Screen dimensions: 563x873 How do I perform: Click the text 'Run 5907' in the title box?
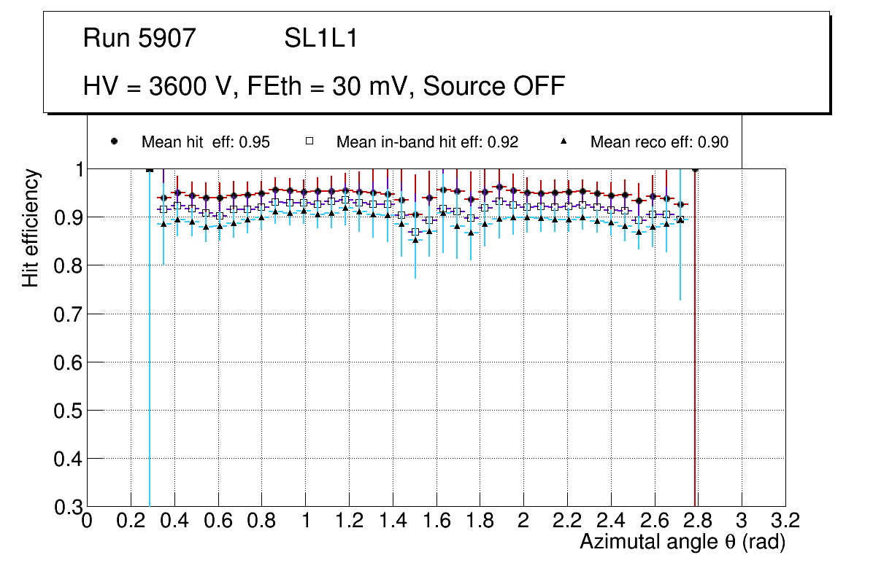pyautogui.click(x=139, y=39)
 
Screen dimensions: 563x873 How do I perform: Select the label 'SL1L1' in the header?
pyautogui.click(x=321, y=39)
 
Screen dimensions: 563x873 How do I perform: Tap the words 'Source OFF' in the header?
pyautogui.click(x=494, y=86)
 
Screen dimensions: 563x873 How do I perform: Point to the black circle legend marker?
pyautogui.click(x=115, y=141)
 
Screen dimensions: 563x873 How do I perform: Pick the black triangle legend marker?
pyautogui.click(x=564, y=141)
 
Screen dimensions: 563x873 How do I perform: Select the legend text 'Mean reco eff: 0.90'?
pyautogui.click(x=659, y=142)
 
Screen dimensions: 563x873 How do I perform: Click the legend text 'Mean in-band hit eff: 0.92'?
pyautogui.click(x=427, y=142)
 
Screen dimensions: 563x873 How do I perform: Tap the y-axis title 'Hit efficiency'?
pyautogui.click(x=31, y=228)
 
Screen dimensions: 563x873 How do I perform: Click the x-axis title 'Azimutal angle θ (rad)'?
pyautogui.click(x=682, y=542)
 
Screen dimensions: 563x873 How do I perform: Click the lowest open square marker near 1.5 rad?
pyautogui.click(x=415, y=232)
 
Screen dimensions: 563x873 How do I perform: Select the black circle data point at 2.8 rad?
pyautogui.click(x=695, y=169)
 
